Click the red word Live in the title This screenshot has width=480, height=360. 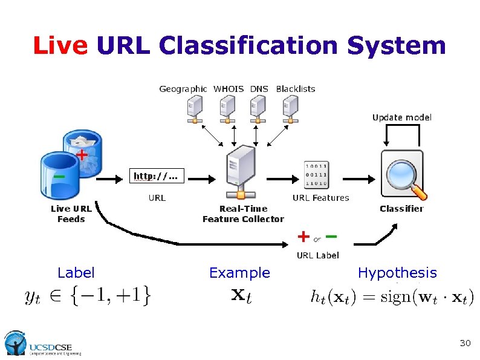61,45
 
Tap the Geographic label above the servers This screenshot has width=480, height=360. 183,89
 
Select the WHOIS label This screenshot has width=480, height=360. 229,89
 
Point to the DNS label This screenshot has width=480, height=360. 259,89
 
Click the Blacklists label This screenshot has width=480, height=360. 296,89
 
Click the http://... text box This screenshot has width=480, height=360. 157,177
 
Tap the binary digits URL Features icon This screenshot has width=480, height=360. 317,175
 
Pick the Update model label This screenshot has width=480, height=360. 402,117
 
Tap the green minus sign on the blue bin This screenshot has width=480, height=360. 59,176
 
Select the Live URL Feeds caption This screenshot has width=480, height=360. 71,214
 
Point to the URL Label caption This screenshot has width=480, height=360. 317,255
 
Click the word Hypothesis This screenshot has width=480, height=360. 397,273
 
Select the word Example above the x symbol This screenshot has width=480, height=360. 239,273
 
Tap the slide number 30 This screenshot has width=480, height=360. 465,343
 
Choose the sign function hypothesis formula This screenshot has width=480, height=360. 392,296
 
